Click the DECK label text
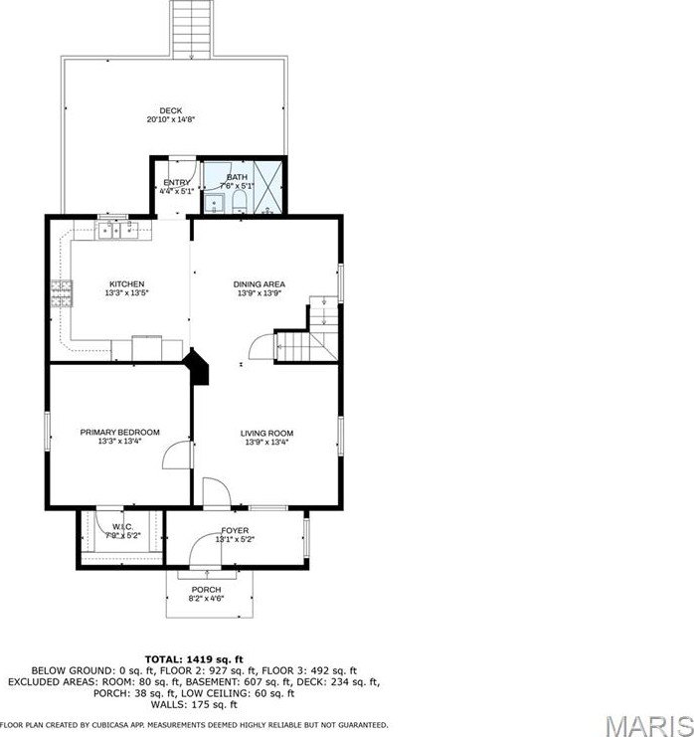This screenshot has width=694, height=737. coord(170,110)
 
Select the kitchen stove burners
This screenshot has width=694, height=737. coord(63,292)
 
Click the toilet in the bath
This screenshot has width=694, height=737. coord(240,203)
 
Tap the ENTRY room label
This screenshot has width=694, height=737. coord(176,182)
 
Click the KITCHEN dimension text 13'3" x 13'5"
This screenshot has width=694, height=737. coord(126,293)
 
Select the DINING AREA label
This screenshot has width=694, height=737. coord(259,284)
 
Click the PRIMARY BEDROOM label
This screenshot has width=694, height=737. coord(119,432)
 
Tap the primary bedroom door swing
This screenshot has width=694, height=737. coord(175,456)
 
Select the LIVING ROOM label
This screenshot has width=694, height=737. coord(266,433)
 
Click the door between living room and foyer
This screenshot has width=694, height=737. coord(215,493)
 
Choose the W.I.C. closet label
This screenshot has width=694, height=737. coord(122,526)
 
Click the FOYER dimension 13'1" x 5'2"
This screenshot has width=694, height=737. coord(236,540)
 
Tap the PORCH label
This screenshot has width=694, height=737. coord(206,590)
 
